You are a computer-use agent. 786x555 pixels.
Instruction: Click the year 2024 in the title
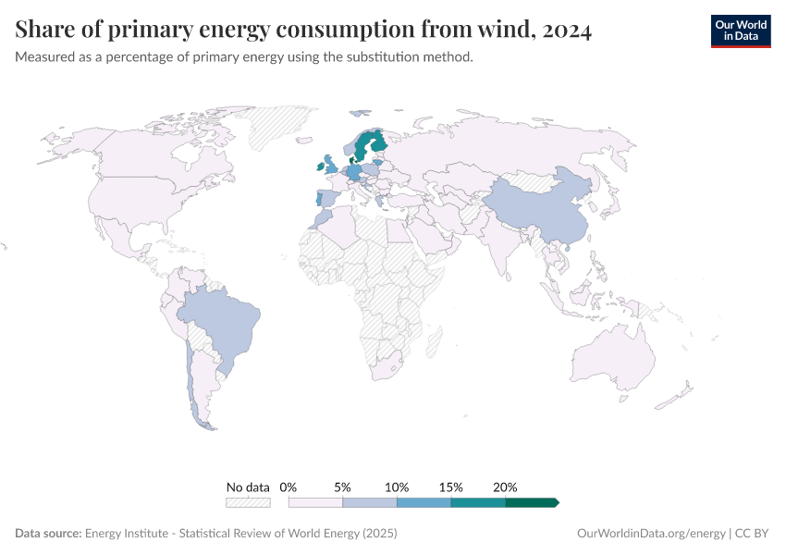563,31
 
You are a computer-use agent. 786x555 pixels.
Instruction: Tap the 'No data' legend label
248,487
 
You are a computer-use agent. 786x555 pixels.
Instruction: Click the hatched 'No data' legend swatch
248,502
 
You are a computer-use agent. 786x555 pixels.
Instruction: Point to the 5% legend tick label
342,487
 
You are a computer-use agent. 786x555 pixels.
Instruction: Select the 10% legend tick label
397,487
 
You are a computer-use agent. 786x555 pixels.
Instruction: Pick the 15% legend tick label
450,487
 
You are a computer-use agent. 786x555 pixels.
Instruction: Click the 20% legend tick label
505,487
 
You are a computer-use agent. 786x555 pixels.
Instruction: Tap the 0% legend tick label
289,487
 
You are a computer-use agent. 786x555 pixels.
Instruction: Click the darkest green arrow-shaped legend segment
532,502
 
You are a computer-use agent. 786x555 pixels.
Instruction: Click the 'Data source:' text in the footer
48,534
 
